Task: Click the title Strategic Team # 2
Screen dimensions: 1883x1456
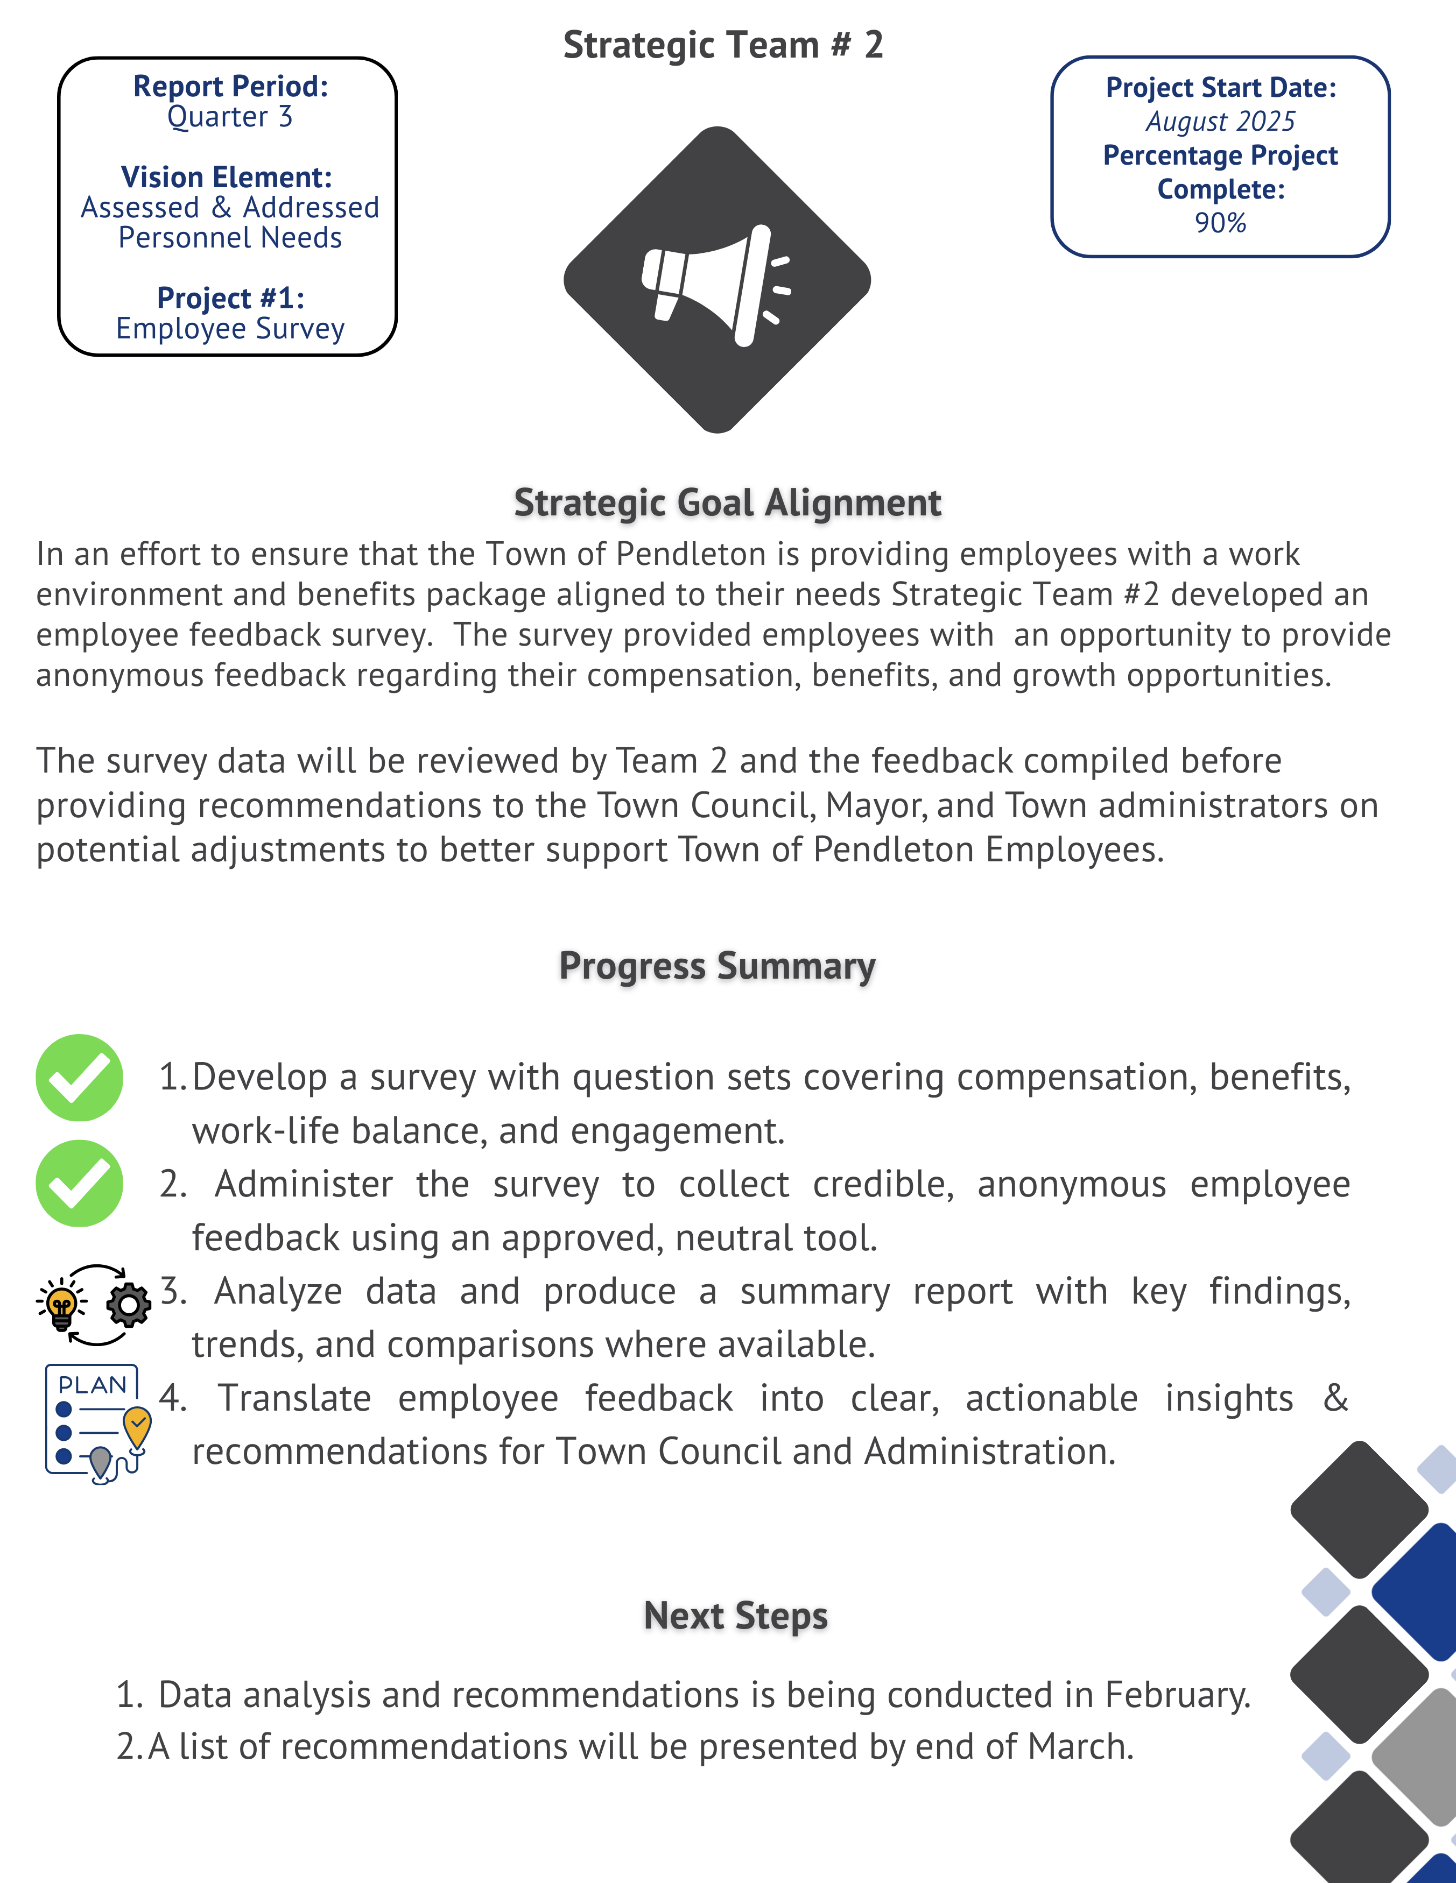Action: click(x=723, y=45)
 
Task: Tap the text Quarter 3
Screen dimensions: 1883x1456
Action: click(x=229, y=117)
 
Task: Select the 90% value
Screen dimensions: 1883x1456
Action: click(x=1220, y=223)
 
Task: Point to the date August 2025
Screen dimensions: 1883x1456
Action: click(x=1220, y=122)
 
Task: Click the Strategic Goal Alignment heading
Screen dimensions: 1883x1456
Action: click(x=727, y=502)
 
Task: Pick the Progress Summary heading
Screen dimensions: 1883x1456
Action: click(x=717, y=966)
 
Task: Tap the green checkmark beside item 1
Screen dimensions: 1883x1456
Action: click(x=79, y=1078)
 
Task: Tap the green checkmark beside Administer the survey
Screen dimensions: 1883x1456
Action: click(x=79, y=1184)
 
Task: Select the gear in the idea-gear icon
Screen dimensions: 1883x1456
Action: click(x=129, y=1305)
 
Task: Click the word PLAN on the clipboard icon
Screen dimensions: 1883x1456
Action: click(x=92, y=1385)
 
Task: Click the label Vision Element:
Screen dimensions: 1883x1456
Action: click(x=227, y=178)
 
